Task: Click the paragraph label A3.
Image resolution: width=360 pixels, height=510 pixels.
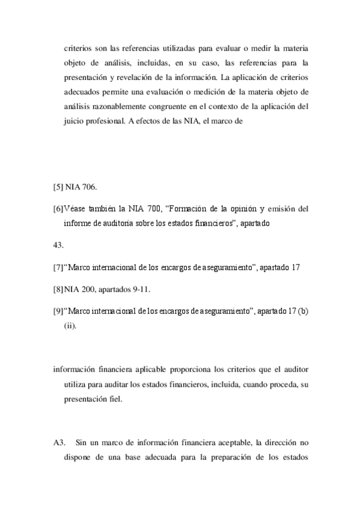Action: tap(59, 443)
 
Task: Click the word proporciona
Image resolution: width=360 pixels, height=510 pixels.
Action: tap(165, 368)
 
